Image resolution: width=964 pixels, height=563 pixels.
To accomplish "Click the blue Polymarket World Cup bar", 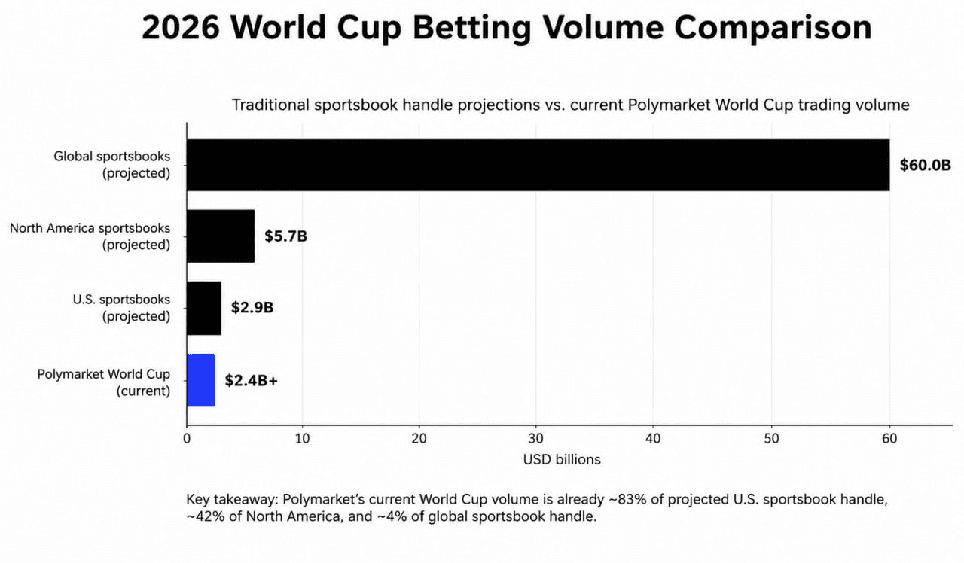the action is coord(201,380).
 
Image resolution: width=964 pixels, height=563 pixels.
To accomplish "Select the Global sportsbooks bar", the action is coord(538,165).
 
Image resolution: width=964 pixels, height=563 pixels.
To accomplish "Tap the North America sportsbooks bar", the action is coord(221,236).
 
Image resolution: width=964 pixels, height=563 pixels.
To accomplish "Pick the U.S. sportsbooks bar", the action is coord(204,308).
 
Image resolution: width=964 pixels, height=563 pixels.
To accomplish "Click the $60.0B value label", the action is coord(926,165).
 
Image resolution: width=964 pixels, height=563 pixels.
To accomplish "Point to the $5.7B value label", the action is coord(285,236).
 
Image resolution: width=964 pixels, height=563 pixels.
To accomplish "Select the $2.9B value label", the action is coord(252,308).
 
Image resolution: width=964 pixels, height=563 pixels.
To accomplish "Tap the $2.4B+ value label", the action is coord(252,381).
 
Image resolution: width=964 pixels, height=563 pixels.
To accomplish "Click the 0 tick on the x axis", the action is coord(187,439).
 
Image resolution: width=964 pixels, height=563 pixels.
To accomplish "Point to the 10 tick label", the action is coord(303,439).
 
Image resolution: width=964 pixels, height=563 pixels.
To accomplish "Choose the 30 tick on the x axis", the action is coord(535,439).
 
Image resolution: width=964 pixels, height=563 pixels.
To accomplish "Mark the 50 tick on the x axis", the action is coord(772,439).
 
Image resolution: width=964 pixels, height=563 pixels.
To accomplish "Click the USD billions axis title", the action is coord(562,460).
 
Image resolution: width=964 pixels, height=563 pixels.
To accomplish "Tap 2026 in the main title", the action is coord(181,28).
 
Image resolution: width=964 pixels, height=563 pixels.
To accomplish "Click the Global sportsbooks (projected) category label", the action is coord(112,165).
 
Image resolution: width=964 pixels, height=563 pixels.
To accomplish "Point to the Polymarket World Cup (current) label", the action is coord(104,382).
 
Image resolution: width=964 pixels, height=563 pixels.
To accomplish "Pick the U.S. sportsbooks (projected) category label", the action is coord(121,308).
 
